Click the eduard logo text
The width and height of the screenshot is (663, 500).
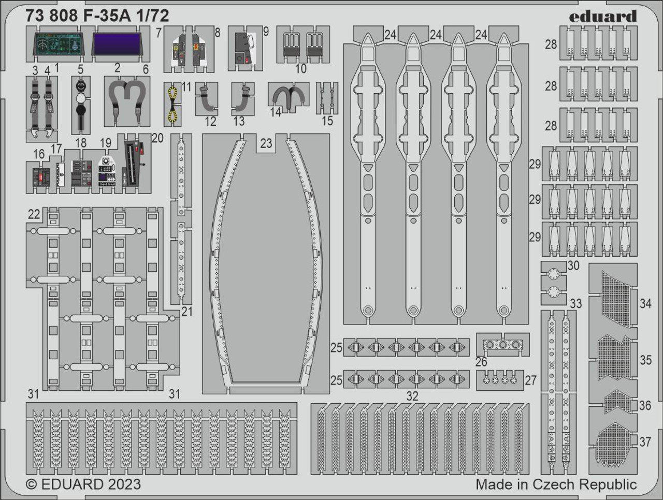602,17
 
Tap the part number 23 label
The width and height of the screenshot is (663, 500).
266,143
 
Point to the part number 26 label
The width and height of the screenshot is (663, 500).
481,361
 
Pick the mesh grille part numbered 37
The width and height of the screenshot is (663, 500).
614,443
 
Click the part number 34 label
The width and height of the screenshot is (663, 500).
645,303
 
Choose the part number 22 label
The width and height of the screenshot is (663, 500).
34,214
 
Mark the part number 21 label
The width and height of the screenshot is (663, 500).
186,311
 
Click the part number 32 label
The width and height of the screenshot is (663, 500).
412,396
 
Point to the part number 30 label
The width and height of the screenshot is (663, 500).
573,266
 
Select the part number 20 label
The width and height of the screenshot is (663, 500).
157,138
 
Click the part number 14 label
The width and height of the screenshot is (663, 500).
275,111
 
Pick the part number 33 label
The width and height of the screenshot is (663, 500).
575,303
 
